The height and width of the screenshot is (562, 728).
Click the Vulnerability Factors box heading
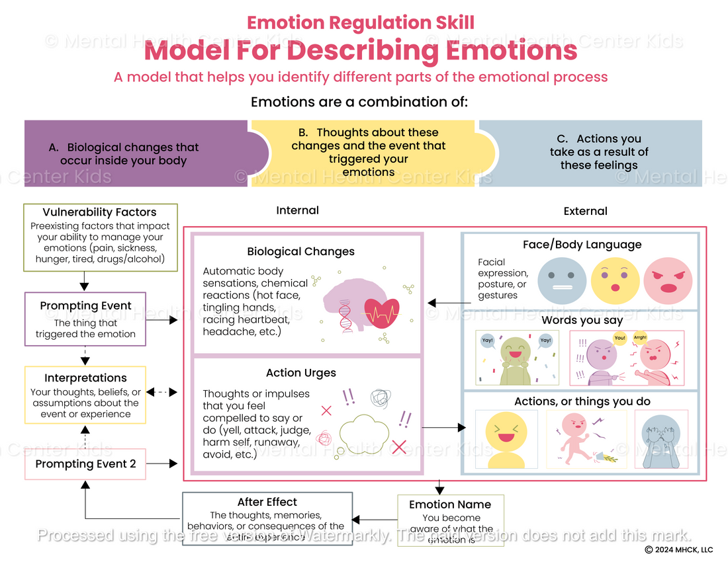pyautogui.click(x=99, y=212)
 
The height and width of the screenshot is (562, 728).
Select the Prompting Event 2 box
pyautogui.click(x=85, y=464)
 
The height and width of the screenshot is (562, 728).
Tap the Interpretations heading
pyautogui.click(x=85, y=378)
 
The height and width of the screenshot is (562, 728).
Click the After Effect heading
pyautogui.click(x=267, y=502)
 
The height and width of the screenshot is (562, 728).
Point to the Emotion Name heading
pyautogui.click(x=450, y=504)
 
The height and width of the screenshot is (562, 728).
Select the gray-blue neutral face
pyautogui.click(x=562, y=280)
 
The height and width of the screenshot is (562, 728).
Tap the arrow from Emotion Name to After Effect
pyautogui.click(x=374, y=520)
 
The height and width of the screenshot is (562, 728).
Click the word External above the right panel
pyautogui.click(x=585, y=212)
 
